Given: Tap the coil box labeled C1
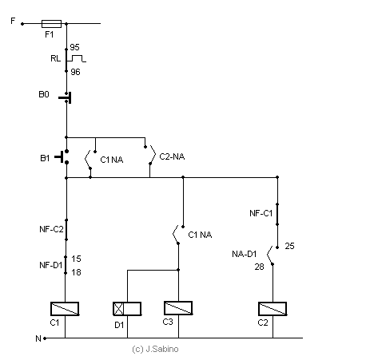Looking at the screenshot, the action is (x=65, y=309).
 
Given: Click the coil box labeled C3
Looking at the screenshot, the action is (x=178, y=308).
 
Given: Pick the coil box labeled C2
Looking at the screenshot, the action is (x=273, y=309).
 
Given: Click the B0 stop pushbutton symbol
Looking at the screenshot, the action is (x=65, y=97).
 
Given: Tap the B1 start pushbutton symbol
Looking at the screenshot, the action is (x=62, y=156).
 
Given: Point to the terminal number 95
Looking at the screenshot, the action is (x=74, y=47).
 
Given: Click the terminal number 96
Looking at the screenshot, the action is (x=75, y=72).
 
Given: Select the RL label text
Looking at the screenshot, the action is (x=56, y=58).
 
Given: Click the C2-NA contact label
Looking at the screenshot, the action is (x=172, y=156).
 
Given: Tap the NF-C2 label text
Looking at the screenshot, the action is (x=51, y=229).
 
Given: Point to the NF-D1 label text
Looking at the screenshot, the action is (x=51, y=265).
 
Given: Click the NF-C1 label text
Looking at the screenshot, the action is (x=261, y=213).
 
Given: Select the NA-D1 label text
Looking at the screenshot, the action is (x=245, y=254).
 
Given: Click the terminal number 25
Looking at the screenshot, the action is (x=289, y=246).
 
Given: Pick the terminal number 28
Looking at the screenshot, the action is (x=259, y=267).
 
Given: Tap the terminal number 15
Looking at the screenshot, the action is (x=76, y=259).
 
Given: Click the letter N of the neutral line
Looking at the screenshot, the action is (x=38, y=338).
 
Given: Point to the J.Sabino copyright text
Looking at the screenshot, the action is (x=155, y=349).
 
